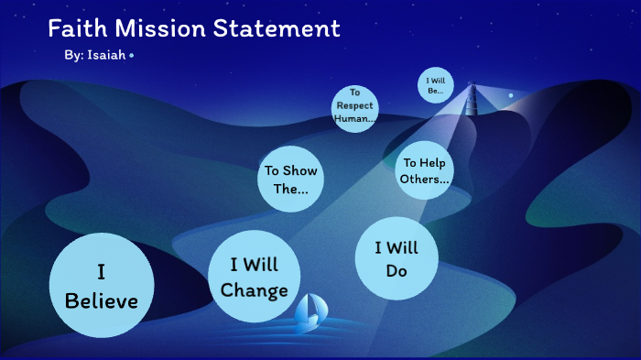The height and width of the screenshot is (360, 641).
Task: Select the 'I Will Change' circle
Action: coord(254,278)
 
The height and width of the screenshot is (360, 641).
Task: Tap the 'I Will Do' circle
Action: coord(396,258)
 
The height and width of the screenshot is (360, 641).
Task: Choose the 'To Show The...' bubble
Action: coord(291,180)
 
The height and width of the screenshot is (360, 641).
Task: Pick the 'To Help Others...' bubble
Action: coord(424,170)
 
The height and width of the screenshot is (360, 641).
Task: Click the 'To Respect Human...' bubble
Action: coord(354,106)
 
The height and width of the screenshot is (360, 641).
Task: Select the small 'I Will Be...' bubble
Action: coord(435,85)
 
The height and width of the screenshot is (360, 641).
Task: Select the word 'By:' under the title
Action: coord(74,56)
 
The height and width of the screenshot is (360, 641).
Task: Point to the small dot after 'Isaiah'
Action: coord(132,56)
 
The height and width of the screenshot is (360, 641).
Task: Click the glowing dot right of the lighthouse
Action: coord(511,94)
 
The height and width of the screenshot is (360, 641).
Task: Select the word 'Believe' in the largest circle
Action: coord(101,300)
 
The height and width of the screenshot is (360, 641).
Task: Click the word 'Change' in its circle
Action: coord(255,290)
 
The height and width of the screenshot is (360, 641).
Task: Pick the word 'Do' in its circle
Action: coord(396,271)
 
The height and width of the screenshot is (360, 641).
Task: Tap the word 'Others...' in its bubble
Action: coord(424,179)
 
